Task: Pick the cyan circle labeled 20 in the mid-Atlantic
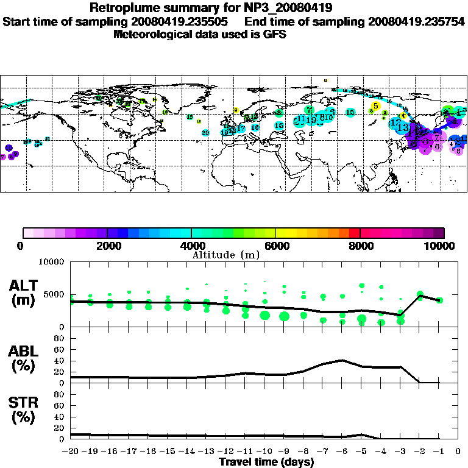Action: click(x=205, y=132)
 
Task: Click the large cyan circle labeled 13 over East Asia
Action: click(x=403, y=127)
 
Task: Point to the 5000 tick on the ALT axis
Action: click(x=56, y=294)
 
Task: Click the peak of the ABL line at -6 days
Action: click(x=342, y=360)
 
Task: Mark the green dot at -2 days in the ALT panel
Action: click(x=420, y=294)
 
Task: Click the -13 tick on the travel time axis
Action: click(x=206, y=452)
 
